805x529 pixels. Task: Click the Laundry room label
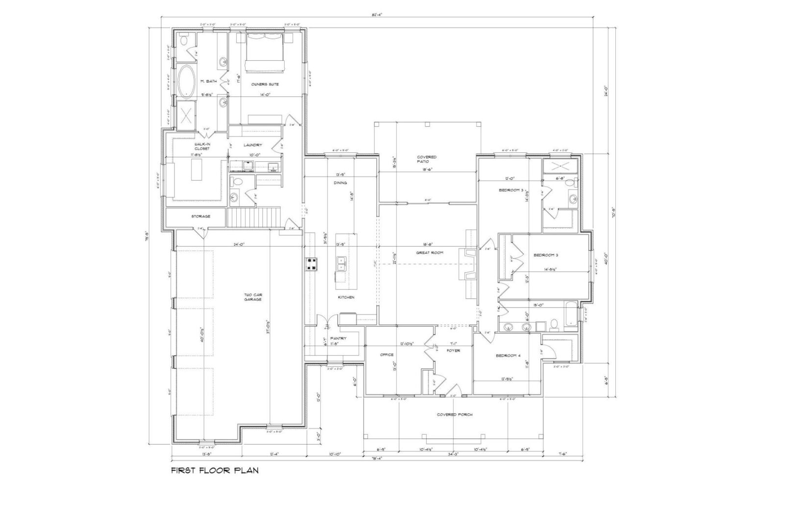click(253, 145)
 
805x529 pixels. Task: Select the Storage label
click(200, 216)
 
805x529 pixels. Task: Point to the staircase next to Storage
click(253, 217)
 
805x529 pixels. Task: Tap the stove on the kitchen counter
click(312, 264)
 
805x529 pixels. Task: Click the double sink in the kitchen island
click(342, 264)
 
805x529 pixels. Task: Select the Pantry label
click(338, 338)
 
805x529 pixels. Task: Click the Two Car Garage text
click(253, 297)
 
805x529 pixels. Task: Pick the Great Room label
click(430, 253)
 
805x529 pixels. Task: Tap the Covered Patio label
click(426, 159)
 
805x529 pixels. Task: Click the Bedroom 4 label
click(508, 356)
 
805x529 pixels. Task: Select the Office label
click(387, 355)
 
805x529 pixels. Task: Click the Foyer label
click(453, 351)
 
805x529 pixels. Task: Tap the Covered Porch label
click(454, 415)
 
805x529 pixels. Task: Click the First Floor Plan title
click(215, 471)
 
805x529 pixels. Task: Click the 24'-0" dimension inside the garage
click(239, 244)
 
